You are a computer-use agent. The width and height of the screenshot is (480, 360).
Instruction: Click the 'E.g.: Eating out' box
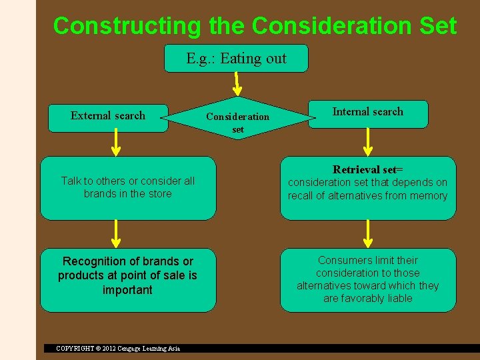(236, 59)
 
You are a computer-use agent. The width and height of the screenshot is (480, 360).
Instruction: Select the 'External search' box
(108, 116)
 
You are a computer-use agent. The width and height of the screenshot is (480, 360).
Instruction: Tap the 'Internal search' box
(368, 113)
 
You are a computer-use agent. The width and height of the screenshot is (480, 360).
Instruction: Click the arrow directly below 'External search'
(116, 142)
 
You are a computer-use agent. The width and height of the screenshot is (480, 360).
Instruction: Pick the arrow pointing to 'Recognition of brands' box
(116, 233)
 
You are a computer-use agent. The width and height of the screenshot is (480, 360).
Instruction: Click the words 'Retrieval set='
(368, 169)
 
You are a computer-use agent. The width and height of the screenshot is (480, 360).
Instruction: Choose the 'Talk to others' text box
(128, 187)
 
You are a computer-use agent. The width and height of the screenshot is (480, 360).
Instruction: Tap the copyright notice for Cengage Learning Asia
(118, 348)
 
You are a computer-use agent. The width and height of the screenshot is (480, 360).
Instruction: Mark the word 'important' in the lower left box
(127, 290)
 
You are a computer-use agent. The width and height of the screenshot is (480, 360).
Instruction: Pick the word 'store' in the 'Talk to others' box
(160, 194)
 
